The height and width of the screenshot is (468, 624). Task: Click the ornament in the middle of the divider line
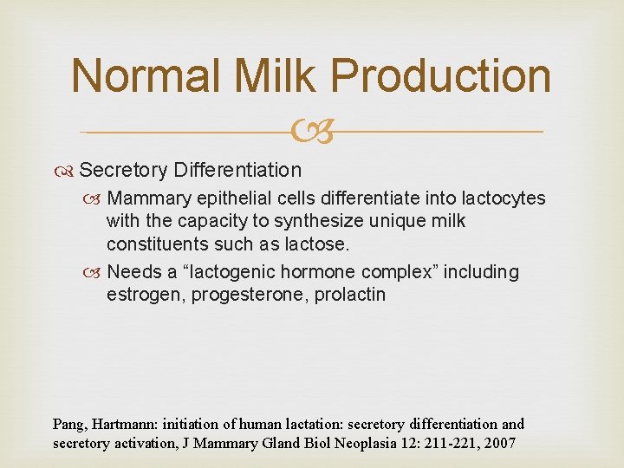[x=312, y=133]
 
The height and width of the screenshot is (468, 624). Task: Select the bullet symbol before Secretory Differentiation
[x=68, y=170]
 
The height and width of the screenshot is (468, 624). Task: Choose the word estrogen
[x=142, y=295]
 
